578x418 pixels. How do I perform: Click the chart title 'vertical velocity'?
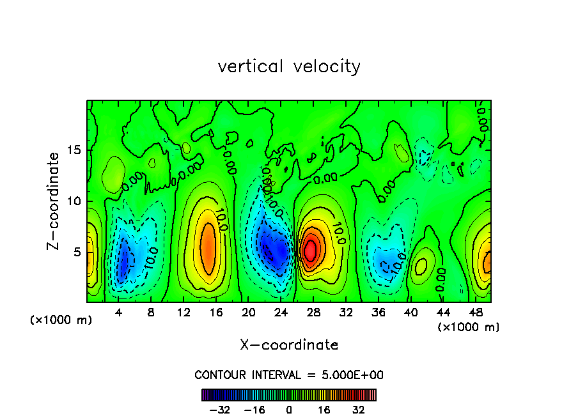[x=289, y=66]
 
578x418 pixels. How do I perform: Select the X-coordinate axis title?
[x=289, y=345]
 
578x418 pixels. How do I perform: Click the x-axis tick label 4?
[x=119, y=313]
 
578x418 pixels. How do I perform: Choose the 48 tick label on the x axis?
[x=475, y=313]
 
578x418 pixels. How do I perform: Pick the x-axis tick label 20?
[x=249, y=313]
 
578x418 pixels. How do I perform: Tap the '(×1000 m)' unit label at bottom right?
[x=469, y=327]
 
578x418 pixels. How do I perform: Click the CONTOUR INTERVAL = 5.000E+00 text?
[x=289, y=375]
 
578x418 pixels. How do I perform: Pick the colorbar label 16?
[x=324, y=410]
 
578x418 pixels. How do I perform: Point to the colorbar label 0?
[x=289, y=410]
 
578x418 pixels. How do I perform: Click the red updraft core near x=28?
[x=310, y=249]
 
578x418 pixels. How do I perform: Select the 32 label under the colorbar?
[x=359, y=410]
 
